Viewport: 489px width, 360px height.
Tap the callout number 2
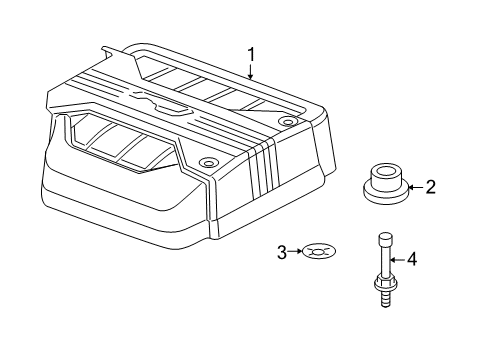click(x=431, y=186)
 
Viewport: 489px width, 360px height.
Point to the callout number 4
click(x=410, y=260)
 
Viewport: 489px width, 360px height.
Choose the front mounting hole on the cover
click(x=207, y=163)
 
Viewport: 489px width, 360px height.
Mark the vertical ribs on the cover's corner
click(x=262, y=164)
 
